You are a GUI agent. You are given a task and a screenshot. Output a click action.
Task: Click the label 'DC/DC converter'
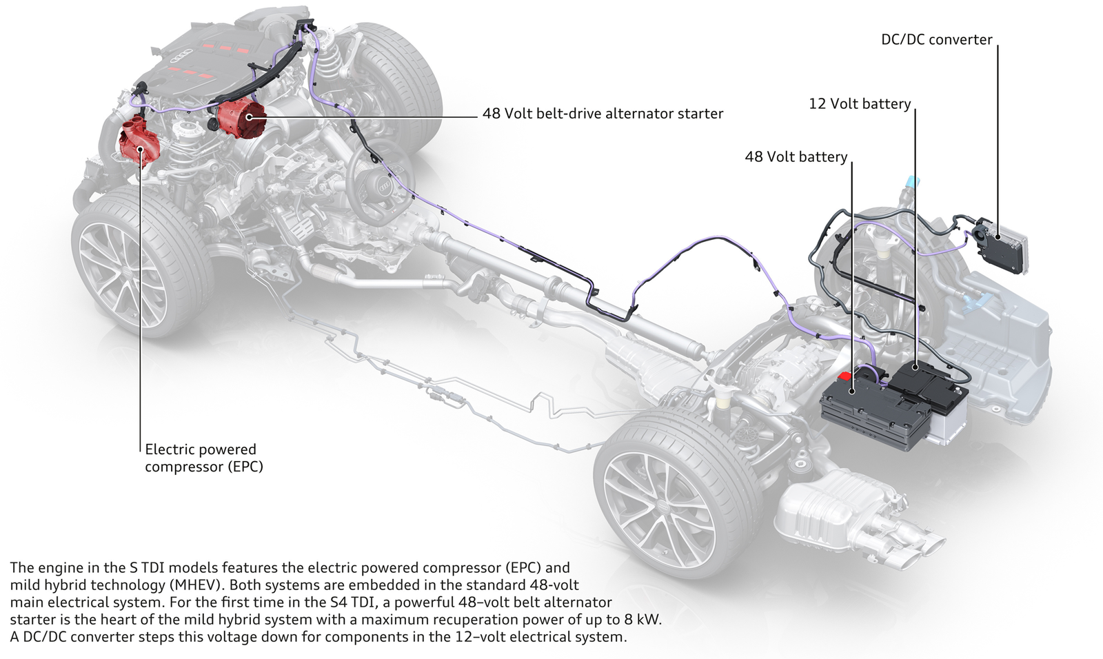pyautogui.click(x=936, y=40)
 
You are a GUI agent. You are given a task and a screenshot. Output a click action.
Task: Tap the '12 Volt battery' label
pyautogui.click(x=860, y=104)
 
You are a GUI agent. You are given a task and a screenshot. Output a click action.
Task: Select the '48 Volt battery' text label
pyautogui.click(x=796, y=157)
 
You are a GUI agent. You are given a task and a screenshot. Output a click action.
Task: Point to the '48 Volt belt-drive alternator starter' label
pyautogui.click(x=603, y=114)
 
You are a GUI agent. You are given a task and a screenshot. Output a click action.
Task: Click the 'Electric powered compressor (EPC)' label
pyautogui.click(x=203, y=458)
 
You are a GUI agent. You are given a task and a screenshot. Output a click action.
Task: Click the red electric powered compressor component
pyautogui.click(x=140, y=143)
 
